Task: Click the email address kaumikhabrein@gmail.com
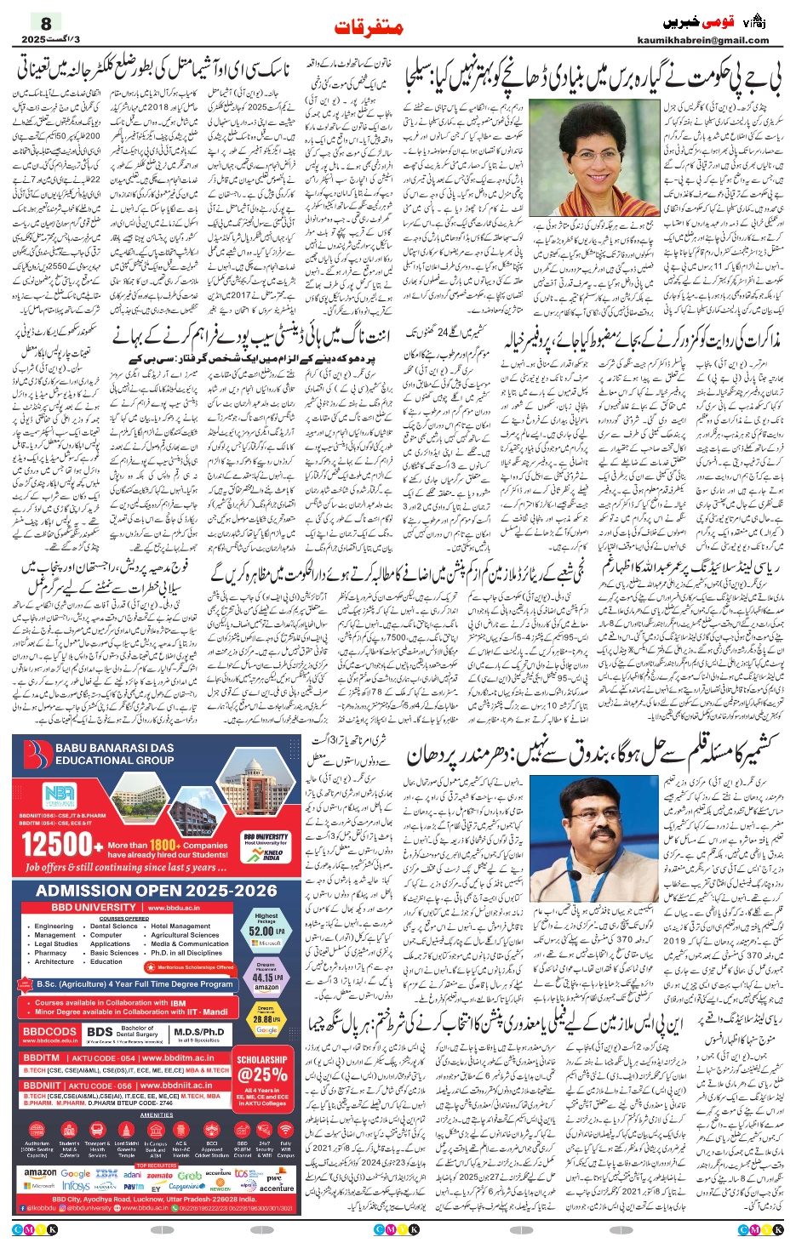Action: pyautogui.click(x=702, y=40)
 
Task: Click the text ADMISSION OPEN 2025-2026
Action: pyautogui.click(x=157, y=890)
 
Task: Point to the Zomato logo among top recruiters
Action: pyautogui.click(x=159, y=1175)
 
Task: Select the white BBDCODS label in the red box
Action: pyautogui.click(x=49, y=1031)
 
